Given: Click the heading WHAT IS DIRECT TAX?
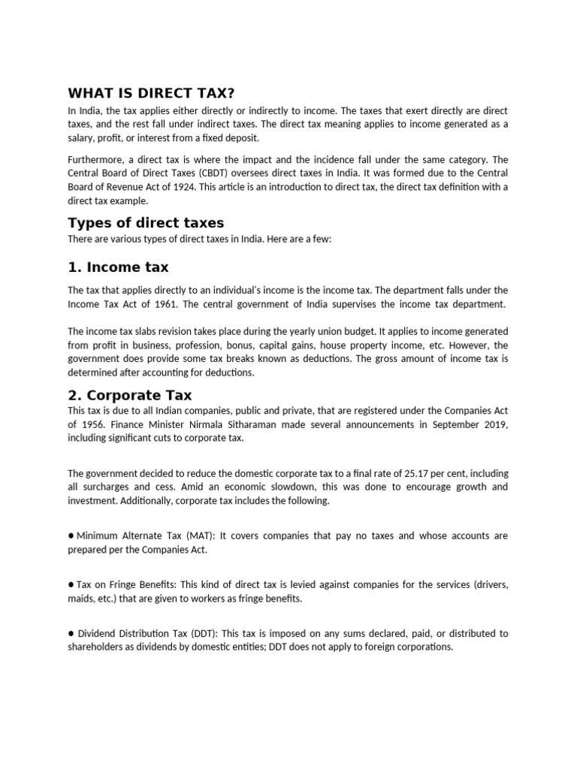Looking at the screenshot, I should tap(151, 92).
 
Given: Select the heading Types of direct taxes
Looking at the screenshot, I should tap(146, 222).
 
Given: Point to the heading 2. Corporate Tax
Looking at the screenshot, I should tap(130, 394).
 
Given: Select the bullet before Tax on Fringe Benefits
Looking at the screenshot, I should tap(71, 584).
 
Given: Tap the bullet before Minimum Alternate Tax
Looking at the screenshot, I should tap(71, 535).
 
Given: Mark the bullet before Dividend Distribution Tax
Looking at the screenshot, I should tap(71, 632).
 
